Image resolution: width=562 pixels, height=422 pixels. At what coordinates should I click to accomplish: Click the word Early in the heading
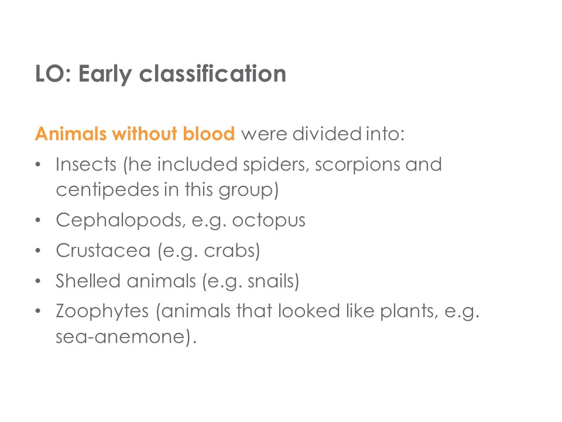(x=105, y=74)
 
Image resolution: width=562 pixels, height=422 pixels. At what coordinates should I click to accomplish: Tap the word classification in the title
(x=213, y=73)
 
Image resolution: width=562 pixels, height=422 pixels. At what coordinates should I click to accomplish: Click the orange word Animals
(x=71, y=134)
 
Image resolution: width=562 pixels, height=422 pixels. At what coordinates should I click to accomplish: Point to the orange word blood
(x=209, y=133)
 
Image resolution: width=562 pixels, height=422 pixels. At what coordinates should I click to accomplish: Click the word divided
(x=327, y=134)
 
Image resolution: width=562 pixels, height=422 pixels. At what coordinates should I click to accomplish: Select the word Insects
(x=86, y=164)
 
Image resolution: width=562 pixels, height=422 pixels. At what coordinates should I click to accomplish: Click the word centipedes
(x=108, y=189)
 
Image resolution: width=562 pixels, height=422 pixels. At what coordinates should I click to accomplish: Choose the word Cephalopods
(x=121, y=220)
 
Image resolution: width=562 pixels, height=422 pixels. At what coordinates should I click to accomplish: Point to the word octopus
(x=269, y=220)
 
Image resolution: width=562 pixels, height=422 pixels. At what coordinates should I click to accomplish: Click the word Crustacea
(x=103, y=250)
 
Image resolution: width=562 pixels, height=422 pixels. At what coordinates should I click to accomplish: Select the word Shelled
(x=88, y=281)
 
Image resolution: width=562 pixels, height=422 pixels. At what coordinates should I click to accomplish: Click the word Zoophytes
(x=102, y=311)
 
